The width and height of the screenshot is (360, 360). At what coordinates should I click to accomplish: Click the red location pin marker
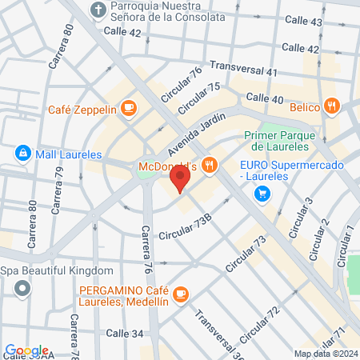point(180,181)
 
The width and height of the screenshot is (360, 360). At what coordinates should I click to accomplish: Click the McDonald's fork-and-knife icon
point(209,165)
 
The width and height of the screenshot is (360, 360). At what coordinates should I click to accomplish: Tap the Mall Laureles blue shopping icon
point(22,153)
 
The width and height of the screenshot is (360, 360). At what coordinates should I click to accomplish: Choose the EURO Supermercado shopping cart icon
point(262,194)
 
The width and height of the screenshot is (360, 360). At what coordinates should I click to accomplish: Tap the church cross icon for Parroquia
point(98,10)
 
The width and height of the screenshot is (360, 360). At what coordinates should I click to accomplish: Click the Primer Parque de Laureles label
point(275,141)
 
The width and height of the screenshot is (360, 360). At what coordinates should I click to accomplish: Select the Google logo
point(26,350)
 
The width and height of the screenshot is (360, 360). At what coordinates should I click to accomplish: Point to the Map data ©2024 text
point(326,354)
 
